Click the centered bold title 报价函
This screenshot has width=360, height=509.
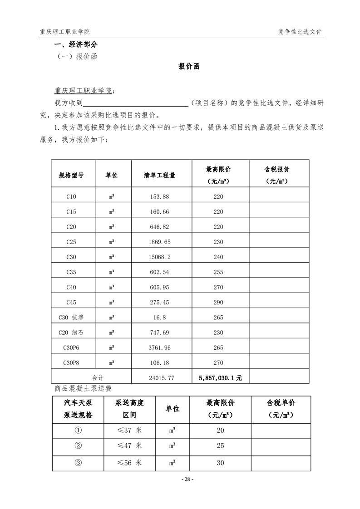[x=189, y=66]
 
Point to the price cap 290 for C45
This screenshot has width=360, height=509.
[x=218, y=302]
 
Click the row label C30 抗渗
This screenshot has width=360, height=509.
[x=71, y=317]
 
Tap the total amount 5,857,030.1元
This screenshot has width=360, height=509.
[x=220, y=377]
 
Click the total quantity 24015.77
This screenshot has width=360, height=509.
[x=161, y=377]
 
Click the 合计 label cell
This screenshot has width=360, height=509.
[x=98, y=377]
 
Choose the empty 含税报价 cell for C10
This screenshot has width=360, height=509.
[x=279, y=196]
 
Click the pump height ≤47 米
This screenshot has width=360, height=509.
[x=129, y=445]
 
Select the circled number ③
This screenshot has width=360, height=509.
[x=78, y=463]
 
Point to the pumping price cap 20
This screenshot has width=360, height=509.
[x=220, y=430]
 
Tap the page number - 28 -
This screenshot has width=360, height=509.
[x=187, y=479]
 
